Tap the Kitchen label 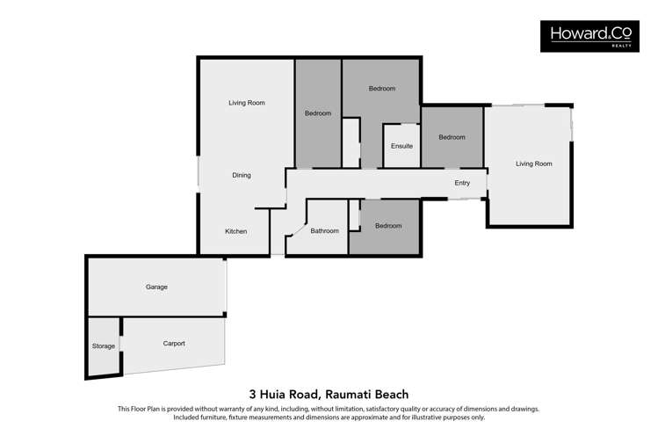[x=235, y=231]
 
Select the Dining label [x=242, y=175]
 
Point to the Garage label [x=156, y=287]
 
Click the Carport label [x=174, y=343]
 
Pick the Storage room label [x=104, y=346]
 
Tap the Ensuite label [x=401, y=146]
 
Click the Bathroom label [x=324, y=230]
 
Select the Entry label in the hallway [x=462, y=183]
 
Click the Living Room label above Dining [x=247, y=103]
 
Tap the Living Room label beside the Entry [x=533, y=163]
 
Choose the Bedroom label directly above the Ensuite [x=381, y=88]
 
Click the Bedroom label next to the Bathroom [x=388, y=226]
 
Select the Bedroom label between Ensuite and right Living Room [x=452, y=137]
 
